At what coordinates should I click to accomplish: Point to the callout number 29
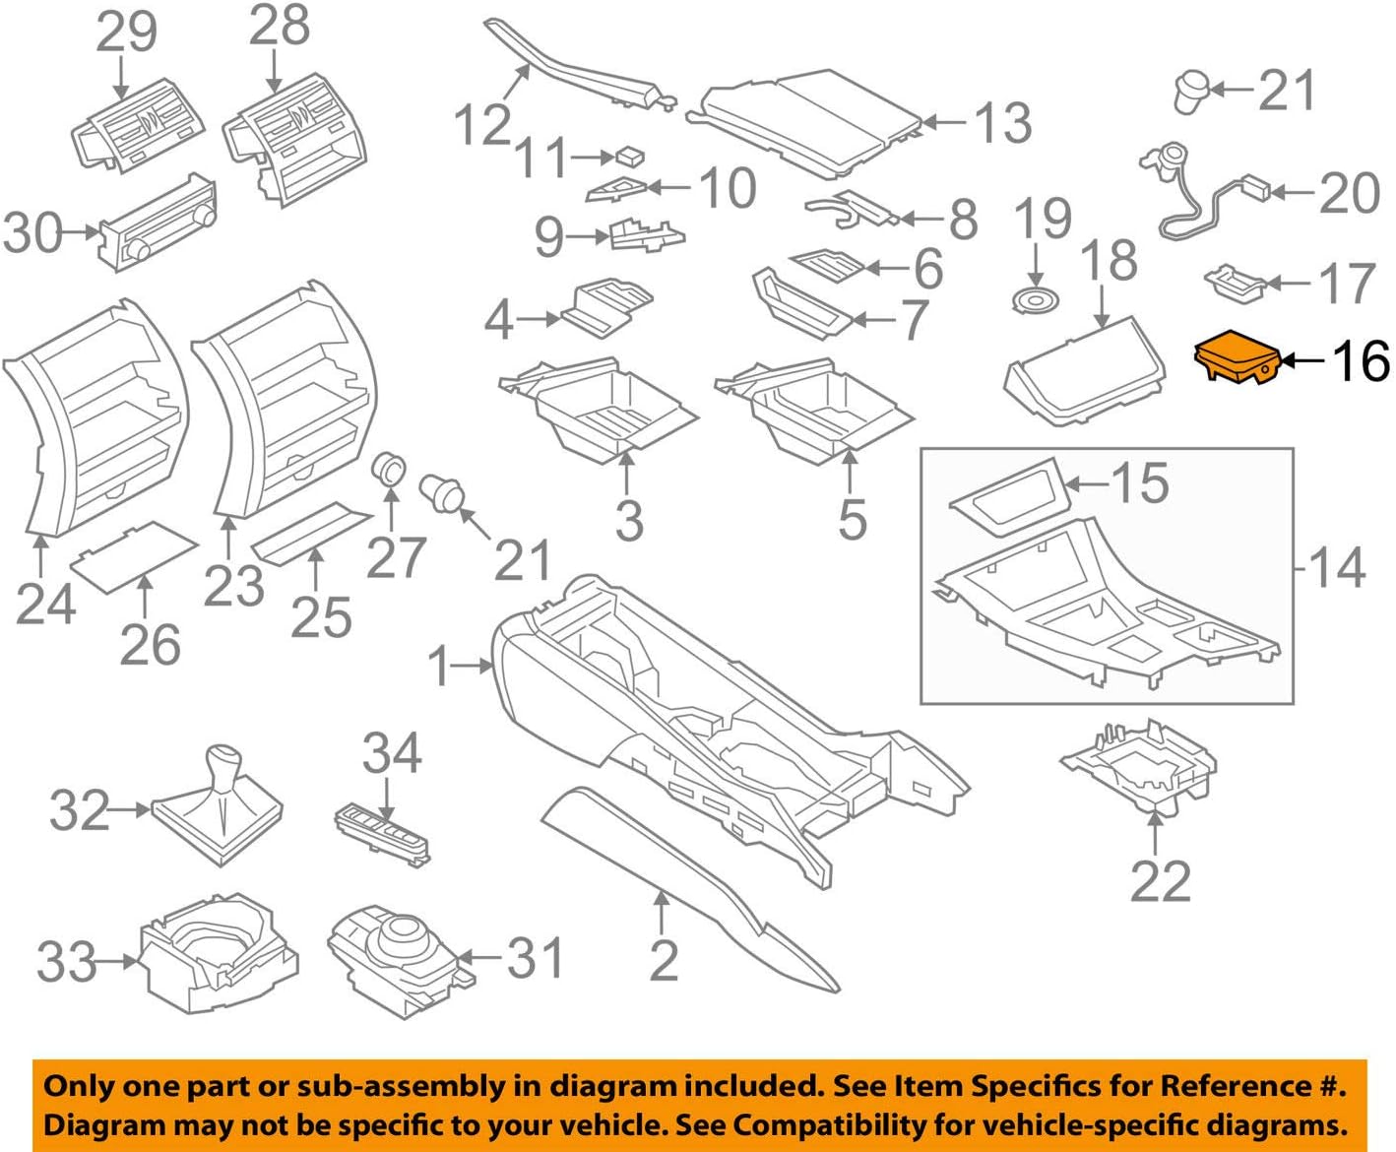coord(126,32)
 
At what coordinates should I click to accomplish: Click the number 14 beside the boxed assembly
coord(1336,567)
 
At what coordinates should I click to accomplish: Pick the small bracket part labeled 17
coord(1235,280)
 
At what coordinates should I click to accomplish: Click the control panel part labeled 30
coord(158,223)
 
